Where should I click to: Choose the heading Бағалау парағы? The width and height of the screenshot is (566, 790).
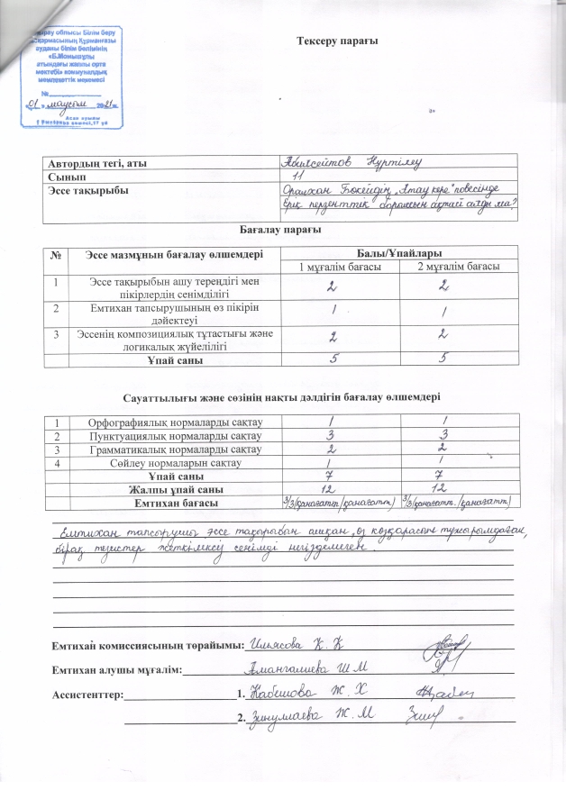(282, 232)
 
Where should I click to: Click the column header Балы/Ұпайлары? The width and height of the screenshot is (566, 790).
(397, 252)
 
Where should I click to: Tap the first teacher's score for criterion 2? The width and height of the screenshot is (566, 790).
(334, 309)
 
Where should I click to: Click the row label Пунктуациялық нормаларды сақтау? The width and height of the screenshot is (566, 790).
(174, 435)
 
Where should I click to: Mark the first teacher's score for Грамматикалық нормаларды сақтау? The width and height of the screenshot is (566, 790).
(333, 449)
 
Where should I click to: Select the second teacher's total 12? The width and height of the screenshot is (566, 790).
(458, 488)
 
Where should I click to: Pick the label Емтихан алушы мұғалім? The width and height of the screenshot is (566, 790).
(119, 669)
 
